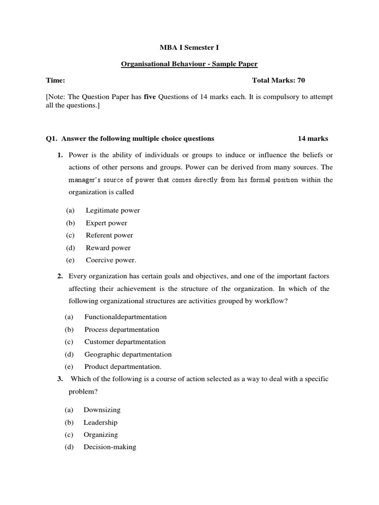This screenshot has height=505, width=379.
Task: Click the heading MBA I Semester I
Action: [189, 47]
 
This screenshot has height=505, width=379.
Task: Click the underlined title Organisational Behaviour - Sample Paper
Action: [189, 64]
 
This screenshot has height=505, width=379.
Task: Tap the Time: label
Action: [55, 80]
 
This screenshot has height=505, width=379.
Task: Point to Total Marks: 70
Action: [282, 80]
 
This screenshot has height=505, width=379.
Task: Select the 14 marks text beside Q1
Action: [313, 139]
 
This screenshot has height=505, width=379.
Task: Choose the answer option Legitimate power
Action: [113, 211]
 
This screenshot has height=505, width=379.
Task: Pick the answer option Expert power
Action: [106, 223]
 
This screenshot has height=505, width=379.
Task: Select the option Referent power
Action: [109, 235]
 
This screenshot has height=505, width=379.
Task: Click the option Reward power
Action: [108, 248]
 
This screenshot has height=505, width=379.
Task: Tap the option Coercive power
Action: [111, 260]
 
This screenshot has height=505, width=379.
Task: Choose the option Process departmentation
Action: [121, 329]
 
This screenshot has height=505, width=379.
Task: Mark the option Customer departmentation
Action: [125, 342]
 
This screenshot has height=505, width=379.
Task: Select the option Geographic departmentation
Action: [128, 355]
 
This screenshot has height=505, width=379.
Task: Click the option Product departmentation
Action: [123, 367]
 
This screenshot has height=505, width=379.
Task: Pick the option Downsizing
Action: [102, 410]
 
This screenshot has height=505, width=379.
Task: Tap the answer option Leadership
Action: [100, 423]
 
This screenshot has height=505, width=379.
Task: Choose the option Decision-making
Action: [110, 447]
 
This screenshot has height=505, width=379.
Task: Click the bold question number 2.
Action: [60, 276]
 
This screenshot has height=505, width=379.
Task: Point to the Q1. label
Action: [51, 139]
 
